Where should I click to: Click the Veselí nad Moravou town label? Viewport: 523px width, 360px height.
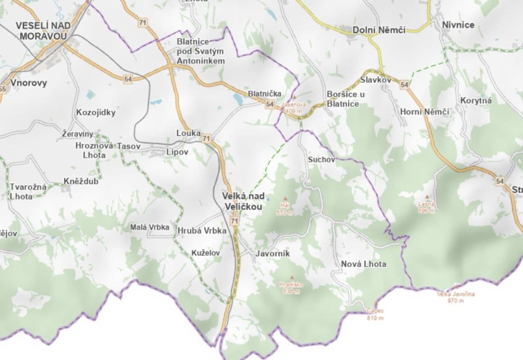pos(41,31)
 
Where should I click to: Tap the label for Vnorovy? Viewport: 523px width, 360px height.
pos(28,83)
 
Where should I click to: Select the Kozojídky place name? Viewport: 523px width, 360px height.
pos(96,112)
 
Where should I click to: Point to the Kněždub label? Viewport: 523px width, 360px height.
pos(81,181)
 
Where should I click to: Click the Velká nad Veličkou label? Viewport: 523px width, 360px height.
pos(243,201)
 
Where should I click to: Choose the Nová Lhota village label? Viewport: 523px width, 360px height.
pos(364,264)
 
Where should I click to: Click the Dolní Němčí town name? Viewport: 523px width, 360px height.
pos(379,30)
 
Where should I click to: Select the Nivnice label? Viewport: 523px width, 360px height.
pos(458,25)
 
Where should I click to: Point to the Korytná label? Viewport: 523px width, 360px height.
pos(476,100)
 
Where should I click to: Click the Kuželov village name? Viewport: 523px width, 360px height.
pos(206,253)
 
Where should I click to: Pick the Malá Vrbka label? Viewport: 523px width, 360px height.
pos(149,227)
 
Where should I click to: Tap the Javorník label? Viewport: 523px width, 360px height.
pos(273,254)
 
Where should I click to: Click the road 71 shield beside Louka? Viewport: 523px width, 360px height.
pos(206,138)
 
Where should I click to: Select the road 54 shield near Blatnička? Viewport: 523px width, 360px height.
pos(270,104)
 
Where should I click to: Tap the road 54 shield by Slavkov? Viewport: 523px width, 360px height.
pos(404,85)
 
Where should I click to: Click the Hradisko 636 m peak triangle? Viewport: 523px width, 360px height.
pos(292,277)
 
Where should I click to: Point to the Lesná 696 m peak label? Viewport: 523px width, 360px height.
pos(426,207)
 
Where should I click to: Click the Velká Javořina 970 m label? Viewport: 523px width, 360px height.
pos(455,297)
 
